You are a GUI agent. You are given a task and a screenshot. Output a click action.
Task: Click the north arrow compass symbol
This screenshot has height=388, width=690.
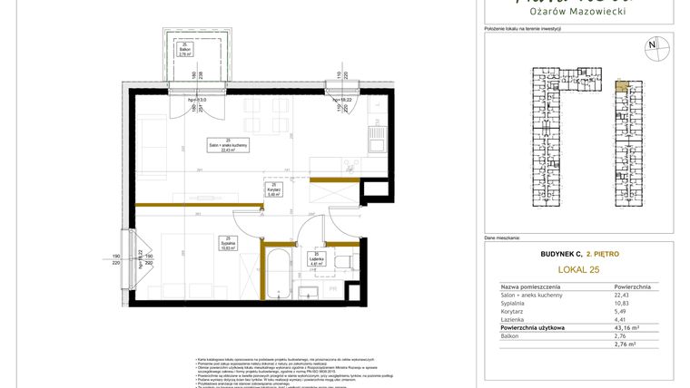[651, 45]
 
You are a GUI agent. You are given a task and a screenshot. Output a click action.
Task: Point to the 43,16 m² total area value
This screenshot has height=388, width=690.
[626, 327]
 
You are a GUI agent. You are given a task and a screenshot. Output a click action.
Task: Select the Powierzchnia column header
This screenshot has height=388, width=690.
[632, 286]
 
